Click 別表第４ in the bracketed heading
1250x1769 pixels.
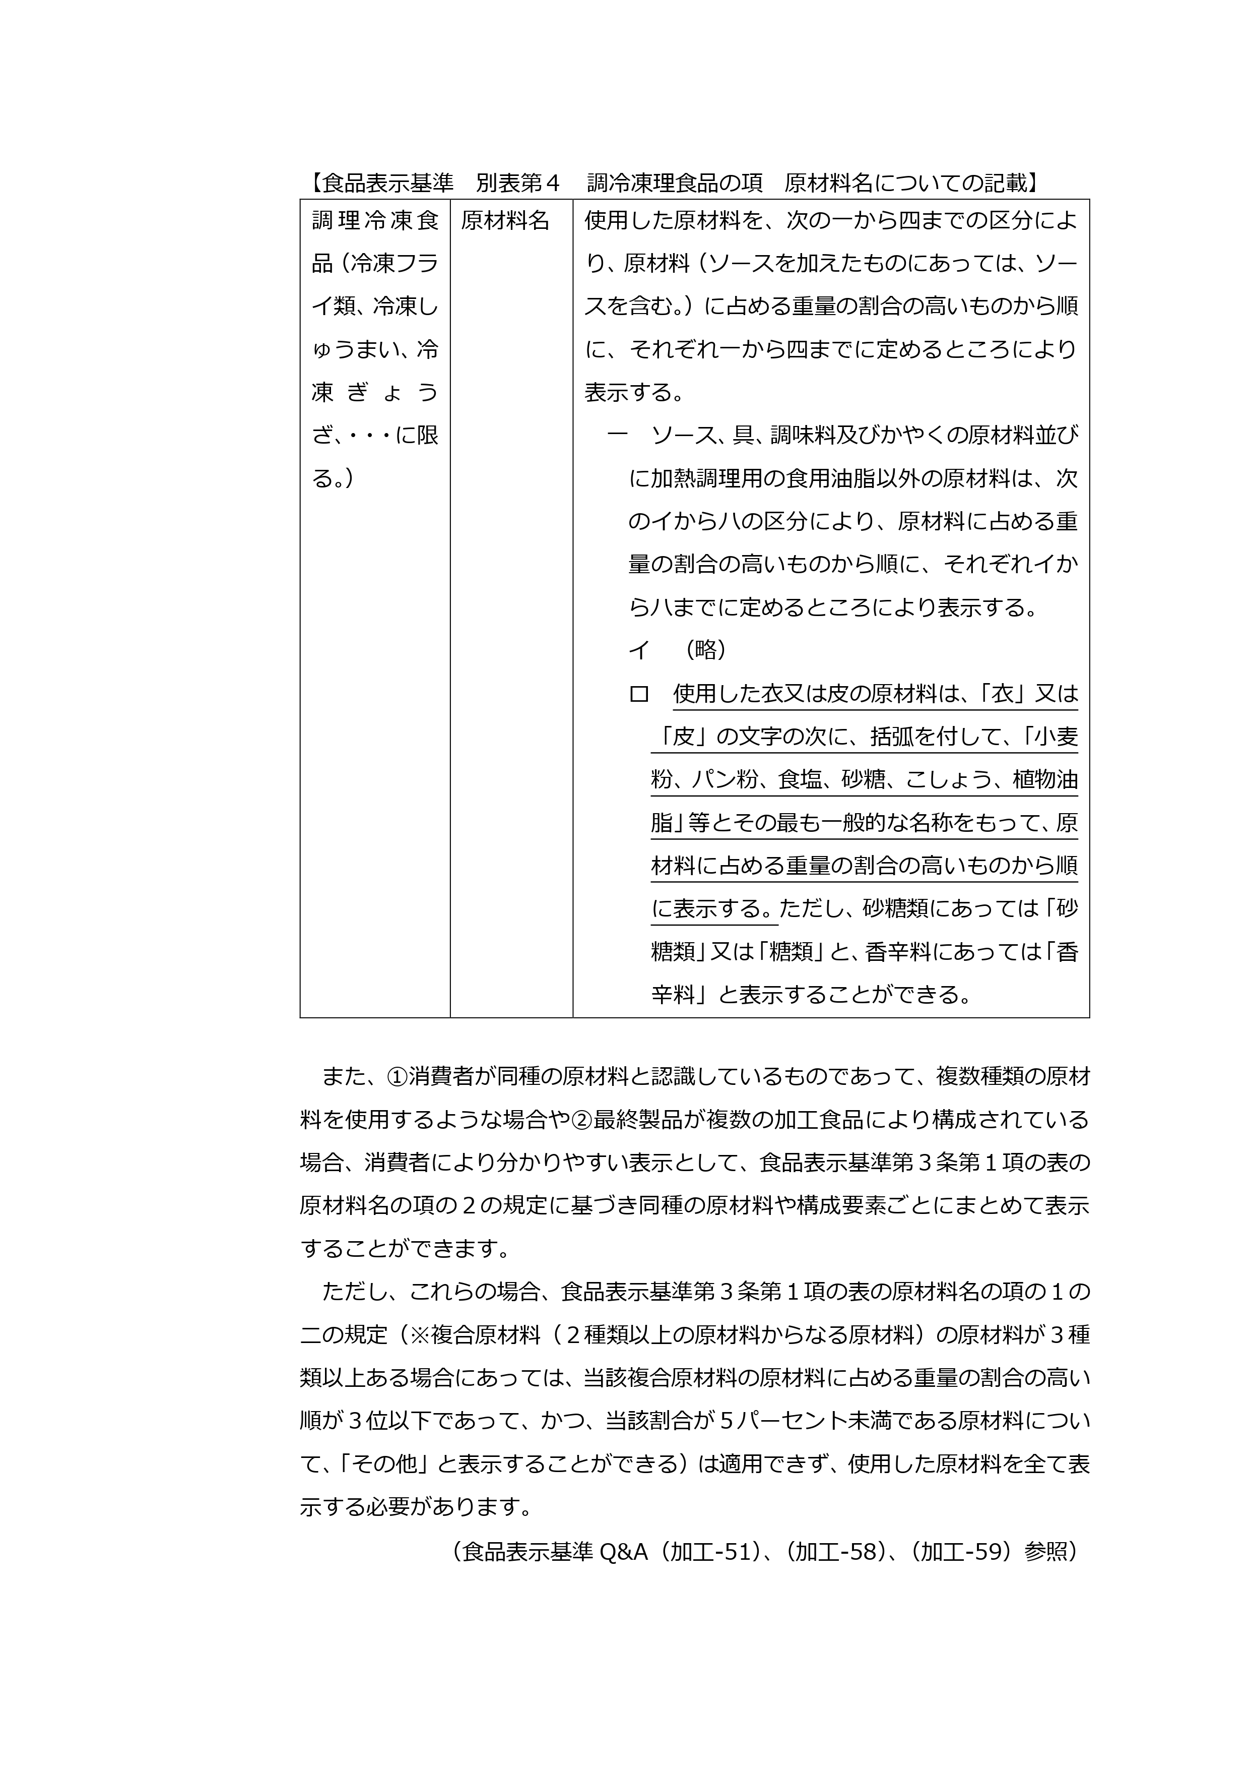(517, 182)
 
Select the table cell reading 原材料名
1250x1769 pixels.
(505, 221)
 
